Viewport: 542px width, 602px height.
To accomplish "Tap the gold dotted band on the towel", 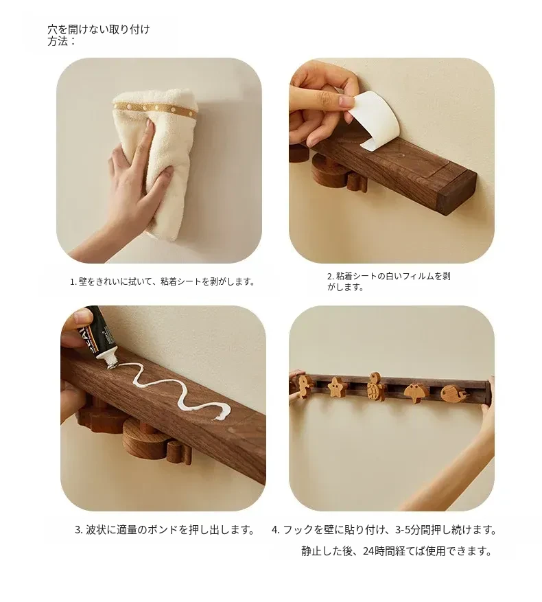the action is (156, 108).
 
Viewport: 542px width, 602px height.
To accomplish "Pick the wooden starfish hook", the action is (336, 387).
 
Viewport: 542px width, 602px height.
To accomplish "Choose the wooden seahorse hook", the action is (303, 386).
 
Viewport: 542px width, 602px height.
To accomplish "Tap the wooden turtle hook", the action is (376, 386).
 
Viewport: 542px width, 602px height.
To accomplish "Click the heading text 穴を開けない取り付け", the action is (99, 30).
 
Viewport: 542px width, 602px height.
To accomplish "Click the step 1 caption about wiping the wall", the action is (163, 281).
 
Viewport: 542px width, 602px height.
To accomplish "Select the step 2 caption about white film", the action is (388, 281).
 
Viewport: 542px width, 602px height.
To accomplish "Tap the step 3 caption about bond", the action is (165, 530).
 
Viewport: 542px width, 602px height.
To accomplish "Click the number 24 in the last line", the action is (368, 551).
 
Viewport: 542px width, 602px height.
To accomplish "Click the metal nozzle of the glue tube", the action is (111, 360).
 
